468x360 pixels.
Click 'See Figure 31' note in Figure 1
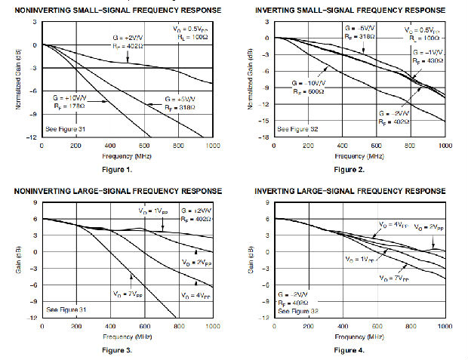click(65, 128)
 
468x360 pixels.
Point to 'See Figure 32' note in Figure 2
click(297, 128)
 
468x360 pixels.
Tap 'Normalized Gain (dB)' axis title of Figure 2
click(251, 79)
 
